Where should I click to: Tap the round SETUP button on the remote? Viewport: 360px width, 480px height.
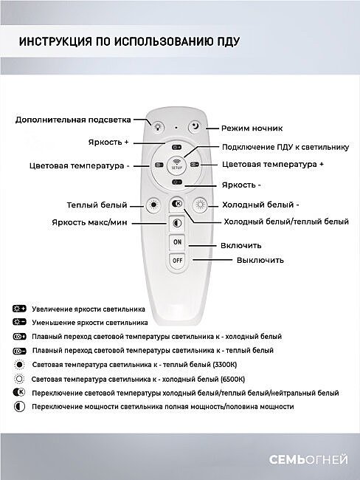177,165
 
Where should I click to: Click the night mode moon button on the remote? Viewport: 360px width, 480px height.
194,127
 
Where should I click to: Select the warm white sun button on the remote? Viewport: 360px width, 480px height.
153,205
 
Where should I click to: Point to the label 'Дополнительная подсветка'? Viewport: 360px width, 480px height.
74,118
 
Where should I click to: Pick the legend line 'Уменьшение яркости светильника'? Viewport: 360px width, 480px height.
90,323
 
